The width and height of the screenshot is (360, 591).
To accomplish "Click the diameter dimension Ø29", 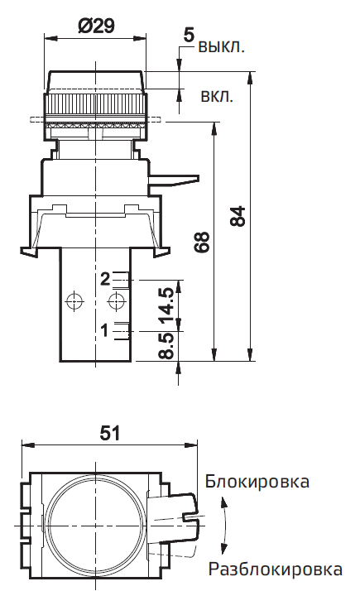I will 96,26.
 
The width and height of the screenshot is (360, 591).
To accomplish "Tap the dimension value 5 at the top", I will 188,35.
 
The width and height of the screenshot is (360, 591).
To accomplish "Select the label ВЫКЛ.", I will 221,46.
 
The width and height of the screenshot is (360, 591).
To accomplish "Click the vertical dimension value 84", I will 238,216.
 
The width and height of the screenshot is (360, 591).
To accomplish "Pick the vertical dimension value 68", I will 203,241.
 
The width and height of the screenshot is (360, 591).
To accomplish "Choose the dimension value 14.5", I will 166,305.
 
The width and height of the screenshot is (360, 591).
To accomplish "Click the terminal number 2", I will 105,278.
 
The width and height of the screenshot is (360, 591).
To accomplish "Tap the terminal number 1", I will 105,330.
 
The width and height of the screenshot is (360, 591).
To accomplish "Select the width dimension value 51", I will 110,432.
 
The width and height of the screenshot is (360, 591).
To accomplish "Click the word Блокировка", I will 258,481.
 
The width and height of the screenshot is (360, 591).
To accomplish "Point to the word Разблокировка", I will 275,569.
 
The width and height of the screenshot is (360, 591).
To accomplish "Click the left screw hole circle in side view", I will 76,300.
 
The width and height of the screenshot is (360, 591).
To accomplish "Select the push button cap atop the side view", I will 97,80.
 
